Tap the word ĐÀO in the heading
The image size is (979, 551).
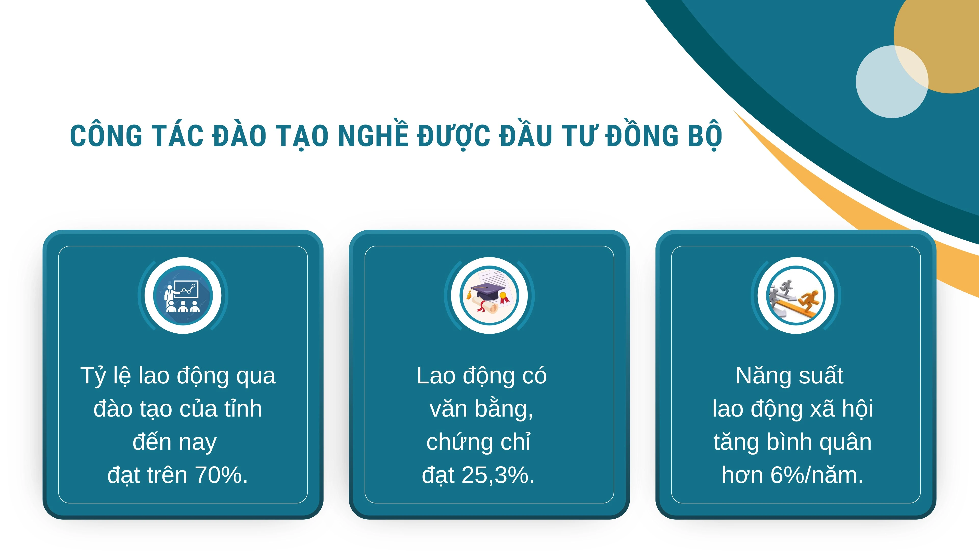point(239,136)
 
